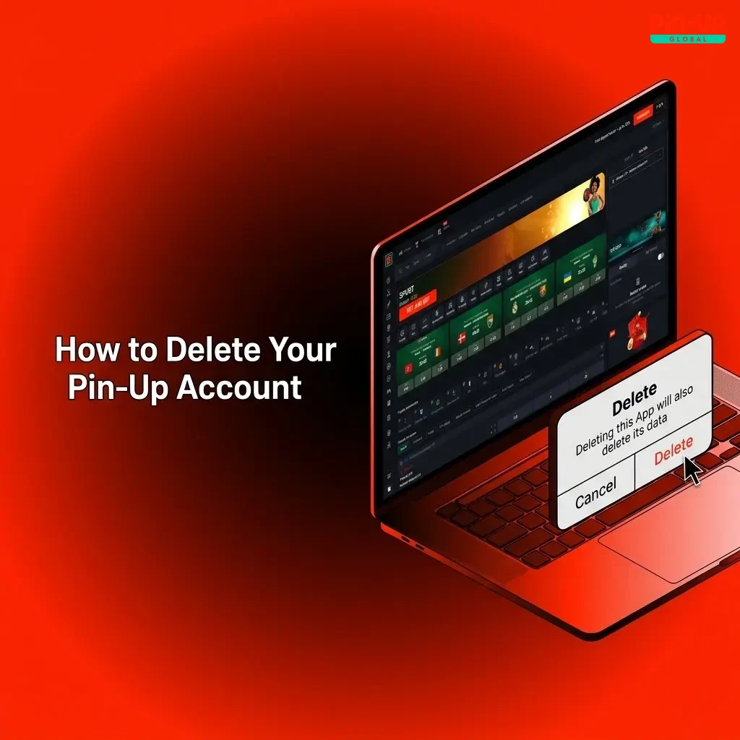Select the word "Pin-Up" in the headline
click(x=119, y=388)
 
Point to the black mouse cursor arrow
click(x=692, y=470)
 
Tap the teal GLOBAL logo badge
click(x=687, y=38)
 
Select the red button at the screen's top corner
click(x=642, y=117)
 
